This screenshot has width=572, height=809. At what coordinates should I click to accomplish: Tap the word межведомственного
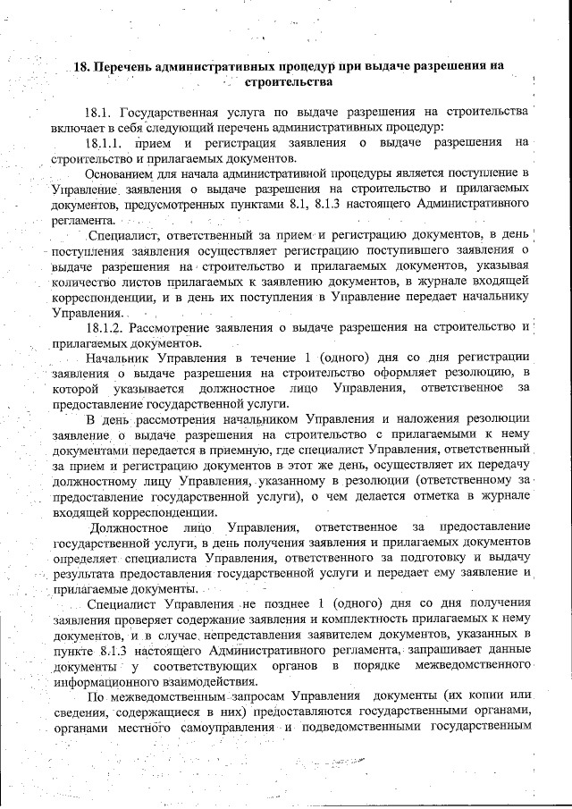[479, 667]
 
